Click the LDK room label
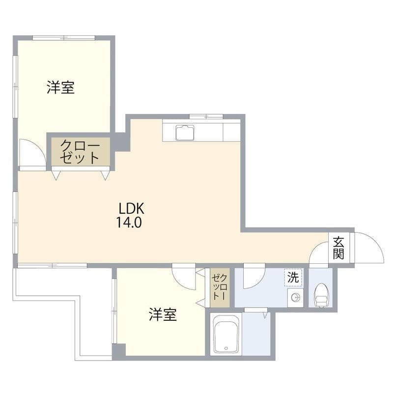click(x=131, y=208)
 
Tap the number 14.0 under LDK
click(x=129, y=222)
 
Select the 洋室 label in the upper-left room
click(x=60, y=87)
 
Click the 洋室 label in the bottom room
click(x=163, y=314)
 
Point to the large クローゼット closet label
click(x=81, y=152)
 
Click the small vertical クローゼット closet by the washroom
click(x=220, y=287)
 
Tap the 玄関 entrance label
click(x=338, y=248)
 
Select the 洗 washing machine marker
click(x=293, y=277)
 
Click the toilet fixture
click(x=321, y=295)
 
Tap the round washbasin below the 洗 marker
click(x=296, y=298)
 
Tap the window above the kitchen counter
click(x=206, y=116)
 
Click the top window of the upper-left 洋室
click(x=64, y=38)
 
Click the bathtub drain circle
click(x=226, y=348)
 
